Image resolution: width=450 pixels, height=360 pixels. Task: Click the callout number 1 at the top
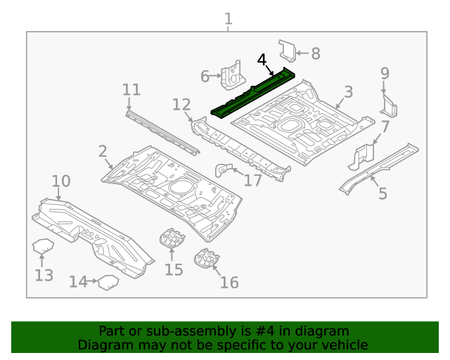coord(228,19)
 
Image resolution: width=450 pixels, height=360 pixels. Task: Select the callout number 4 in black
coord(262,60)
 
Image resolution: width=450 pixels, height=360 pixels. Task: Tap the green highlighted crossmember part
coord(253,91)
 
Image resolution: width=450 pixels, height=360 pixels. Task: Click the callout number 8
coord(315,53)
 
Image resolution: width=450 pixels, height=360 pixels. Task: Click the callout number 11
coord(131,89)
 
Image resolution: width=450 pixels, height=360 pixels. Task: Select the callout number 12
coord(181,105)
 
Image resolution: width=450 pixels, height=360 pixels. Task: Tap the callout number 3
coord(348,92)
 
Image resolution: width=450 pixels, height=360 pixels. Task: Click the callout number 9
coord(385,73)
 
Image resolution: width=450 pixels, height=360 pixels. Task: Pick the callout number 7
coord(385,127)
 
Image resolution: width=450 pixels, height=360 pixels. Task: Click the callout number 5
coord(382,193)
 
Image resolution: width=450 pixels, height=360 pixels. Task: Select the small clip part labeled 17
coord(224,170)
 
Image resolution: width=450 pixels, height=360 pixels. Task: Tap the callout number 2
coord(103,150)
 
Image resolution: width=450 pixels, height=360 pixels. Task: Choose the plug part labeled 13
coord(44,249)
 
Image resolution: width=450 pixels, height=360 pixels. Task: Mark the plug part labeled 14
coord(107,283)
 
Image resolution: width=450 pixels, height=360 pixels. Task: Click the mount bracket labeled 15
coord(172,238)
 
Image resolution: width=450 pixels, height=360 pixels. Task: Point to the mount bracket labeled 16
coord(206,259)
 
